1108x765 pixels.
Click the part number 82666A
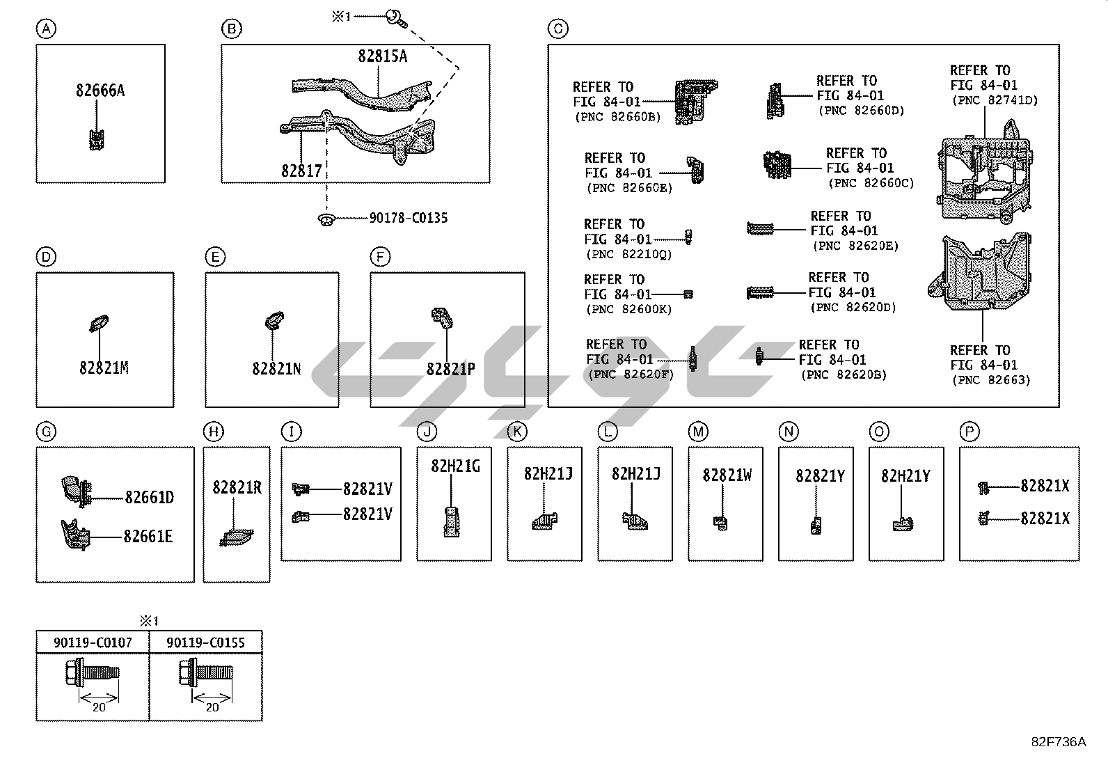(100, 90)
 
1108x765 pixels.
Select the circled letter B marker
(231, 29)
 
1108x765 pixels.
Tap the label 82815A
(382, 56)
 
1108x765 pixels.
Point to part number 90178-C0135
(408, 219)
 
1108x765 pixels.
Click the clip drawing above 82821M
(97, 323)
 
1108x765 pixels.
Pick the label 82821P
(450, 369)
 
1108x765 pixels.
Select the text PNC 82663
(990, 380)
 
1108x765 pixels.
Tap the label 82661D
(149, 498)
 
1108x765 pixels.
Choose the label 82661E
(148, 537)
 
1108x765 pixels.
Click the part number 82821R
(237, 488)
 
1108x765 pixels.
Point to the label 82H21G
(455, 466)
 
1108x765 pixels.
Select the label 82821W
(727, 475)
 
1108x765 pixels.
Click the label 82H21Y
(905, 476)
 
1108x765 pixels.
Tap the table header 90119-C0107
(93, 642)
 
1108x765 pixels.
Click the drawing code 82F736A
(1058, 742)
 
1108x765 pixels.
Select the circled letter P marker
(969, 432)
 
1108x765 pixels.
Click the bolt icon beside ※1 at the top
(393, 15)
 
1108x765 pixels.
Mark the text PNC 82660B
(617, 117)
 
